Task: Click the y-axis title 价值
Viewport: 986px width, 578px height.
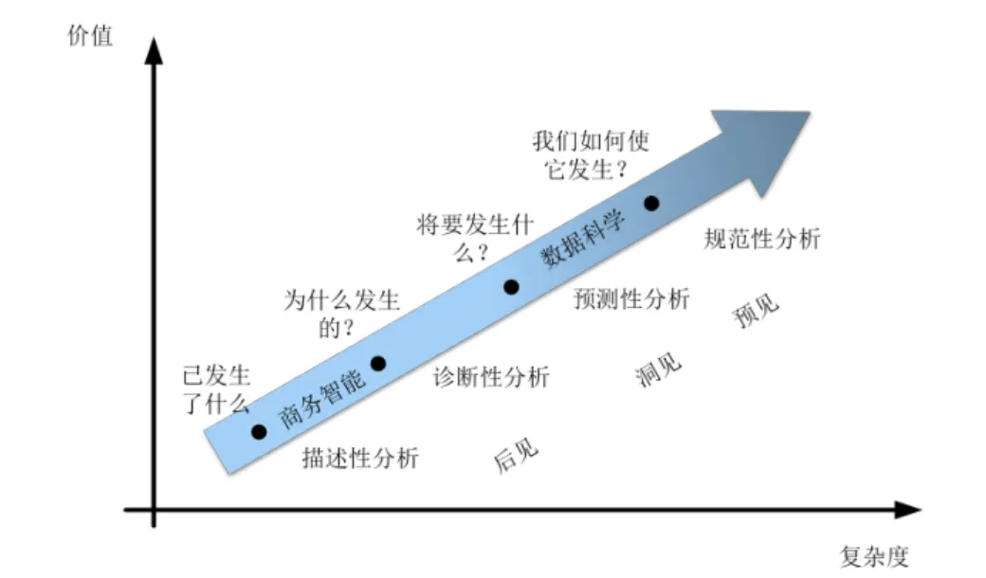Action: [x=90, y=36]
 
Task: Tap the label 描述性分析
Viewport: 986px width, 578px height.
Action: [x=360, y=458]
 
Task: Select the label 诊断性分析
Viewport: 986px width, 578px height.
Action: [x=491, y=376]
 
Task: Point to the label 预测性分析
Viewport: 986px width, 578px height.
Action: [x=631, y=299]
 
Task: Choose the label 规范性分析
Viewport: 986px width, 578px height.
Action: [x=762, y=238]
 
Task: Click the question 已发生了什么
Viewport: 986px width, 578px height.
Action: [x=215, y=389]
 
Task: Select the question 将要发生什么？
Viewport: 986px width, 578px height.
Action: [x=474, y=238]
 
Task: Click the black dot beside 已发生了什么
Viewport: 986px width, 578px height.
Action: [x=259, y=431]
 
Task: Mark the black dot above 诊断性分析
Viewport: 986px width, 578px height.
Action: [x=378, y=363]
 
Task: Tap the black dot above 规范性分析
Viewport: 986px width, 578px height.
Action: [x=651, y=203]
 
